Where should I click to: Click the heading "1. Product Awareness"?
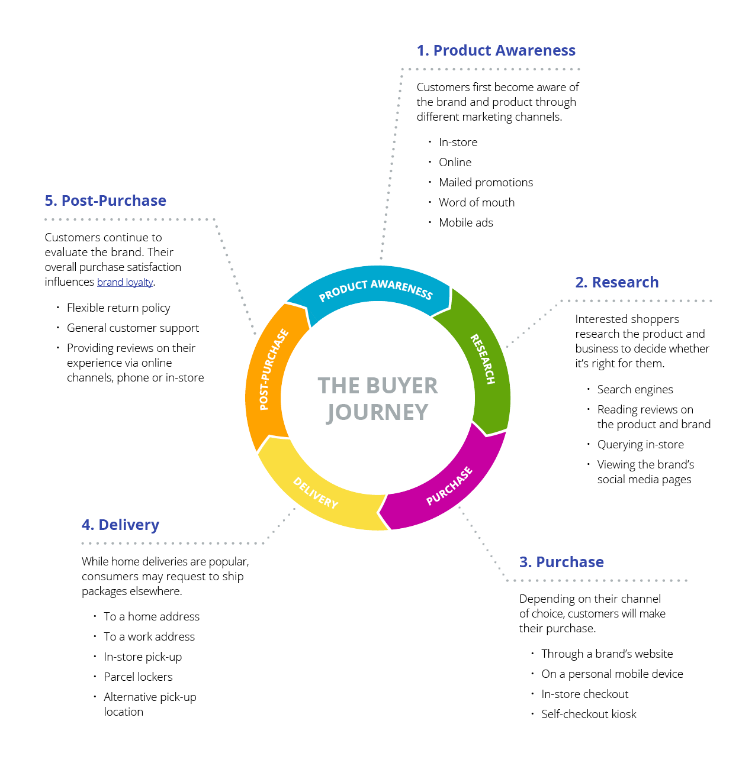point(496,51)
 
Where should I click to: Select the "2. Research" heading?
point(616,283)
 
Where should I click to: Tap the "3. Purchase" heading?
point(561,562)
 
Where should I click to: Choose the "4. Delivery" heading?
point(120,525)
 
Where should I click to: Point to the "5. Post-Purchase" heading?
point(105,201)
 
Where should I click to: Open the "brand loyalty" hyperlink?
point(125,282)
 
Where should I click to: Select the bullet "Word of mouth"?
point(476,203)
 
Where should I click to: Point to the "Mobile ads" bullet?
point(465,223)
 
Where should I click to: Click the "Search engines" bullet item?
point(635,390)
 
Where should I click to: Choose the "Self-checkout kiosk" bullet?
point(589,714)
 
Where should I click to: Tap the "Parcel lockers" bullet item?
point(138,677)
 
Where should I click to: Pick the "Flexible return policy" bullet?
point(118,308)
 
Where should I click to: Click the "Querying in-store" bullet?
point(640,445)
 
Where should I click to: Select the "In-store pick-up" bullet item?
point(143,657)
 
